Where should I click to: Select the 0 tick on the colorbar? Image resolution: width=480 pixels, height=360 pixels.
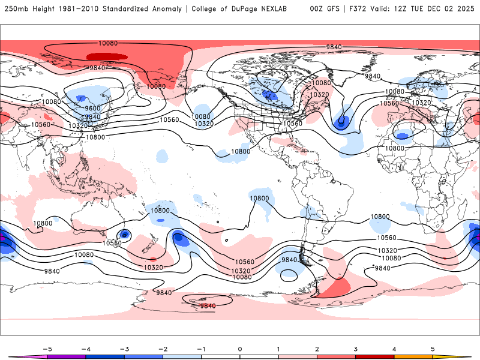pos(239,349)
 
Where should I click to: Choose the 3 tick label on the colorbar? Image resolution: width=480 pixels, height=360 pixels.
pos(355,349)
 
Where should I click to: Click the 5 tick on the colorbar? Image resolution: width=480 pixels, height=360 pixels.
pos(433,349)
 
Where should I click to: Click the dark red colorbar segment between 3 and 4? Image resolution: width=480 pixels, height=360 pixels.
pos(374,357)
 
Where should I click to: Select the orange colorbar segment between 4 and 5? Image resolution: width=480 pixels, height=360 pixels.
pos(413,357)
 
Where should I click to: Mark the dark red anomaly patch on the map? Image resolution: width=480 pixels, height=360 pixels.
pos(107,56)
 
